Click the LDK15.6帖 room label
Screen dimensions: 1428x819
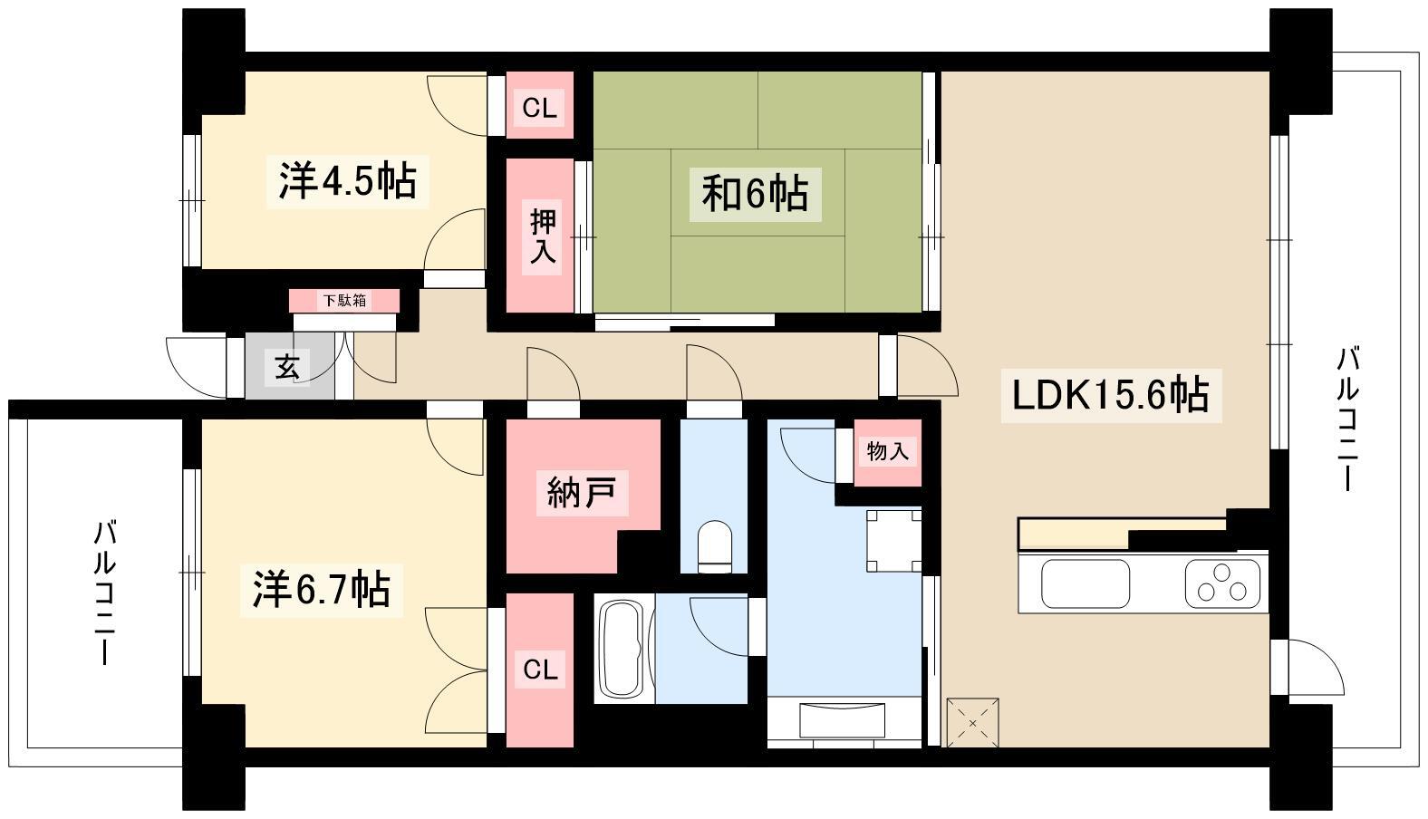1111,395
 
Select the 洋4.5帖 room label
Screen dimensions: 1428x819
347,181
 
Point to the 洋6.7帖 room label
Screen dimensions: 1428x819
322,590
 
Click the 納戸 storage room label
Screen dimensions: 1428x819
582,492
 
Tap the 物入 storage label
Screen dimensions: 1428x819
887,451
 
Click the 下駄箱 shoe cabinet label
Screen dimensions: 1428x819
344,300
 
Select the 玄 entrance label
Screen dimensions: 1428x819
287,367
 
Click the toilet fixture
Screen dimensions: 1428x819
715,547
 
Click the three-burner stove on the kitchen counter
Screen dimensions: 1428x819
1222,583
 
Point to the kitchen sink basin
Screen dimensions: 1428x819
1085,583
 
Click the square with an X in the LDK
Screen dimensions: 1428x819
973,723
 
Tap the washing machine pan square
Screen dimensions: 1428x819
893,541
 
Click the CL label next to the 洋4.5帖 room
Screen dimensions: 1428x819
539,109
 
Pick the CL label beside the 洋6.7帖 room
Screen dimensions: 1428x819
540,670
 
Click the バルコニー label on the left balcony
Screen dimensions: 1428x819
104,593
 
